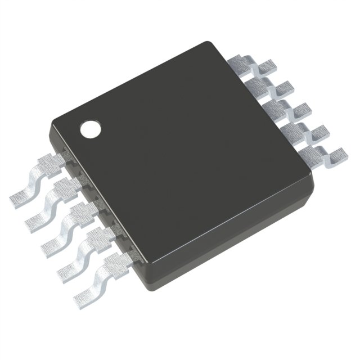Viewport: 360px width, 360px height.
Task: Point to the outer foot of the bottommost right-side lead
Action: coord(337,152)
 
